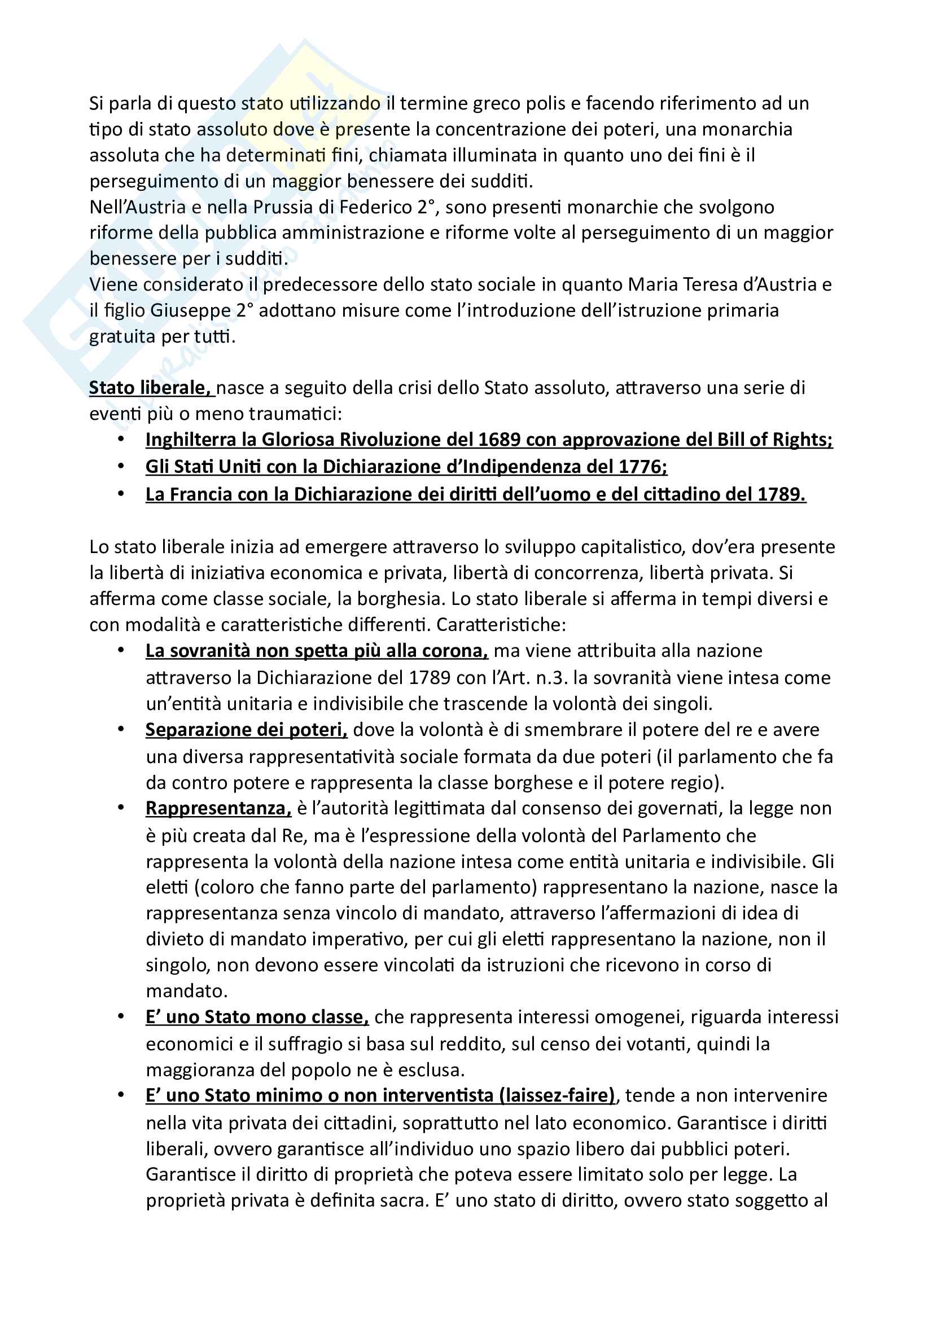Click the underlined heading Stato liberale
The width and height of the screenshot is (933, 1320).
151,388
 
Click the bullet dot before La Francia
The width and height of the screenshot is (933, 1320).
121,494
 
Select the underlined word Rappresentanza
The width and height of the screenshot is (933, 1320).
218,808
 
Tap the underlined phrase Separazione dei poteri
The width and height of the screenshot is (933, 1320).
246,730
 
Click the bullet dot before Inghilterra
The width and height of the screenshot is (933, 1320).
121,440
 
